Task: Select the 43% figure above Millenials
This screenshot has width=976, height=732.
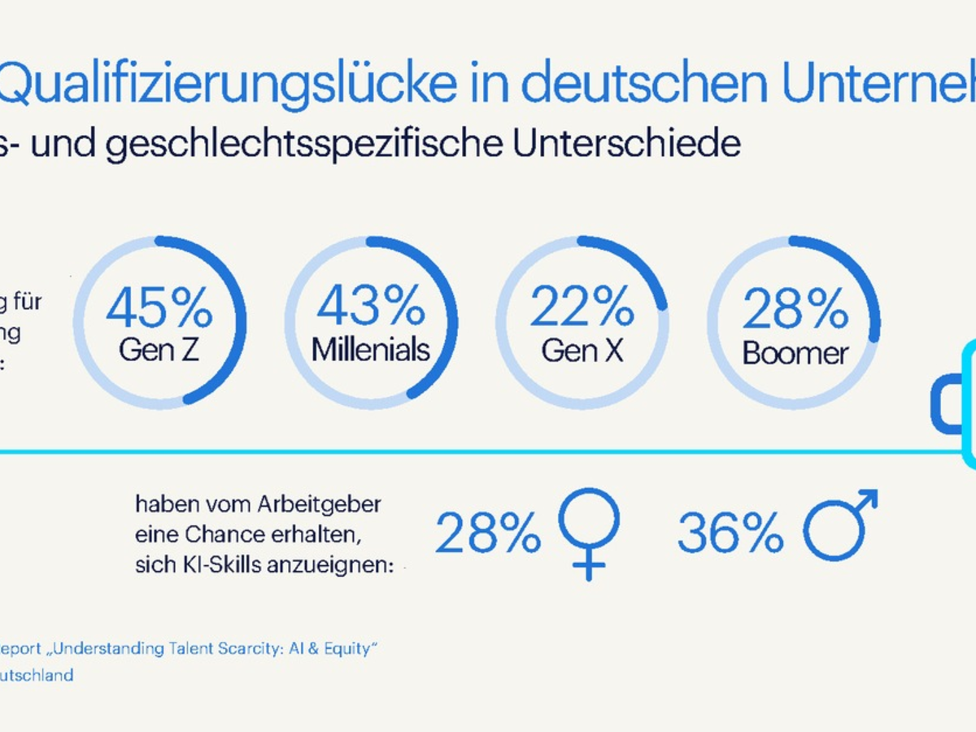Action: pos(371,306)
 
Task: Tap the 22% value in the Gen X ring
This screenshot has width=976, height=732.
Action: pos(582,306)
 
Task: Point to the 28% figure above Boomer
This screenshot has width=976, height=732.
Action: pos(795,309)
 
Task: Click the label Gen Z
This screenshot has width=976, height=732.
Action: pos(159,350)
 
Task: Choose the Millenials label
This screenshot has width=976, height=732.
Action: pos(371,350)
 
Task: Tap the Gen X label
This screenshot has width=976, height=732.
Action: pos(582,350)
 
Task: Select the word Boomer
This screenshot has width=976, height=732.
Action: pos(795,353)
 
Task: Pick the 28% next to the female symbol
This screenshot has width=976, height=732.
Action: pos(488,534)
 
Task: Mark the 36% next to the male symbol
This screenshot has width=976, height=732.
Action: pos(730,534)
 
